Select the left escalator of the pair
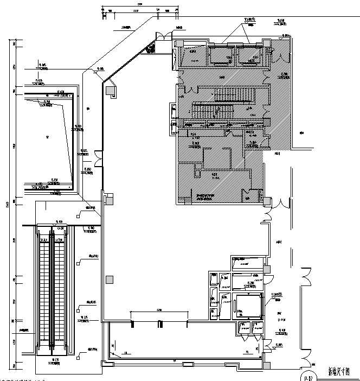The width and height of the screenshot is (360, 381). (44, 290)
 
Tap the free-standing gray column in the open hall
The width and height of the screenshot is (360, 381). (110, 280)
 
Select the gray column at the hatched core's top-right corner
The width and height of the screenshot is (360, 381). (267, 43)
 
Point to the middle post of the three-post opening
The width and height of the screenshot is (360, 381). (159, 324)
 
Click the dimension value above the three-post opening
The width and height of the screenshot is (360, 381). (159, 310)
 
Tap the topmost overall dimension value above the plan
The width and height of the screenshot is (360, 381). (139, 4)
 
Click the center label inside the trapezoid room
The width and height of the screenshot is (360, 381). (47, 138)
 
